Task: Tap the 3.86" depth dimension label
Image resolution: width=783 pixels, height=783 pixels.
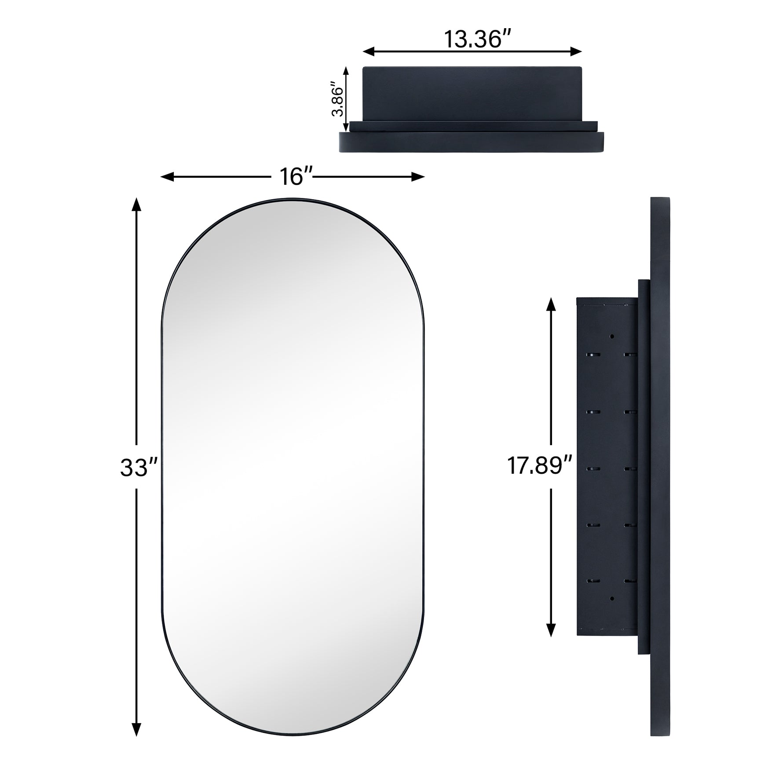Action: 337,99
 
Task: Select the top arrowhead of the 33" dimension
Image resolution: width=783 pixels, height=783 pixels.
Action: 137,204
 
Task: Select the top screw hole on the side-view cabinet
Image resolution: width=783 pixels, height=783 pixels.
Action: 611,337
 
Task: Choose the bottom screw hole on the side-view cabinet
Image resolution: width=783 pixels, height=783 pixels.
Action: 611,598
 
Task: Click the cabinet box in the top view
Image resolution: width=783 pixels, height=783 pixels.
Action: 472,93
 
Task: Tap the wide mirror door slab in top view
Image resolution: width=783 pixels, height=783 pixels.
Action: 472,143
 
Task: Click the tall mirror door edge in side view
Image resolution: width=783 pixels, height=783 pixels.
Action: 660,466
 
